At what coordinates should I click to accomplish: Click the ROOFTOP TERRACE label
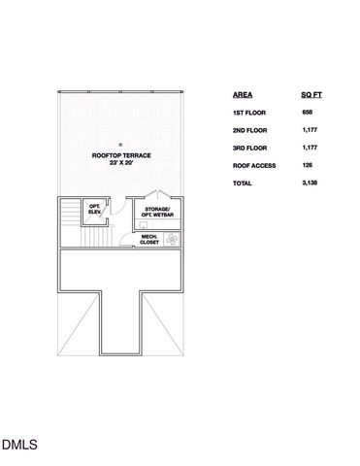coord(120,155)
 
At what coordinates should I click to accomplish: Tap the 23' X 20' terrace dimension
coord(120,163)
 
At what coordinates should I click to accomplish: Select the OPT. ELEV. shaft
coord(95,209)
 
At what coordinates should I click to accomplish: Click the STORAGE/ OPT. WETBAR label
coord(157,212)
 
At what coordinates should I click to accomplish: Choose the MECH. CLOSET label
coord(149,239)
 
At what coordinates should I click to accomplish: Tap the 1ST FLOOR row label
coord(249,114)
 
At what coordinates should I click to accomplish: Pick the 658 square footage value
coord(308,114)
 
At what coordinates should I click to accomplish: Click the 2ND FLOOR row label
coord(250,131)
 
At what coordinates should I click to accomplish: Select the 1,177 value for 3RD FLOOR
coord(310,149)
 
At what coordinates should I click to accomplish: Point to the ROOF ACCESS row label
coord(254,165)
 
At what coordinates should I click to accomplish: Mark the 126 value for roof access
coord(308,165)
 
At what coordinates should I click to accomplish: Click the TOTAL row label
coord(243,183)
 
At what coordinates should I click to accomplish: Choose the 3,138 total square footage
coord(310,183)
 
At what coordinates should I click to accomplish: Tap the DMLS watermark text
coord(18,446)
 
